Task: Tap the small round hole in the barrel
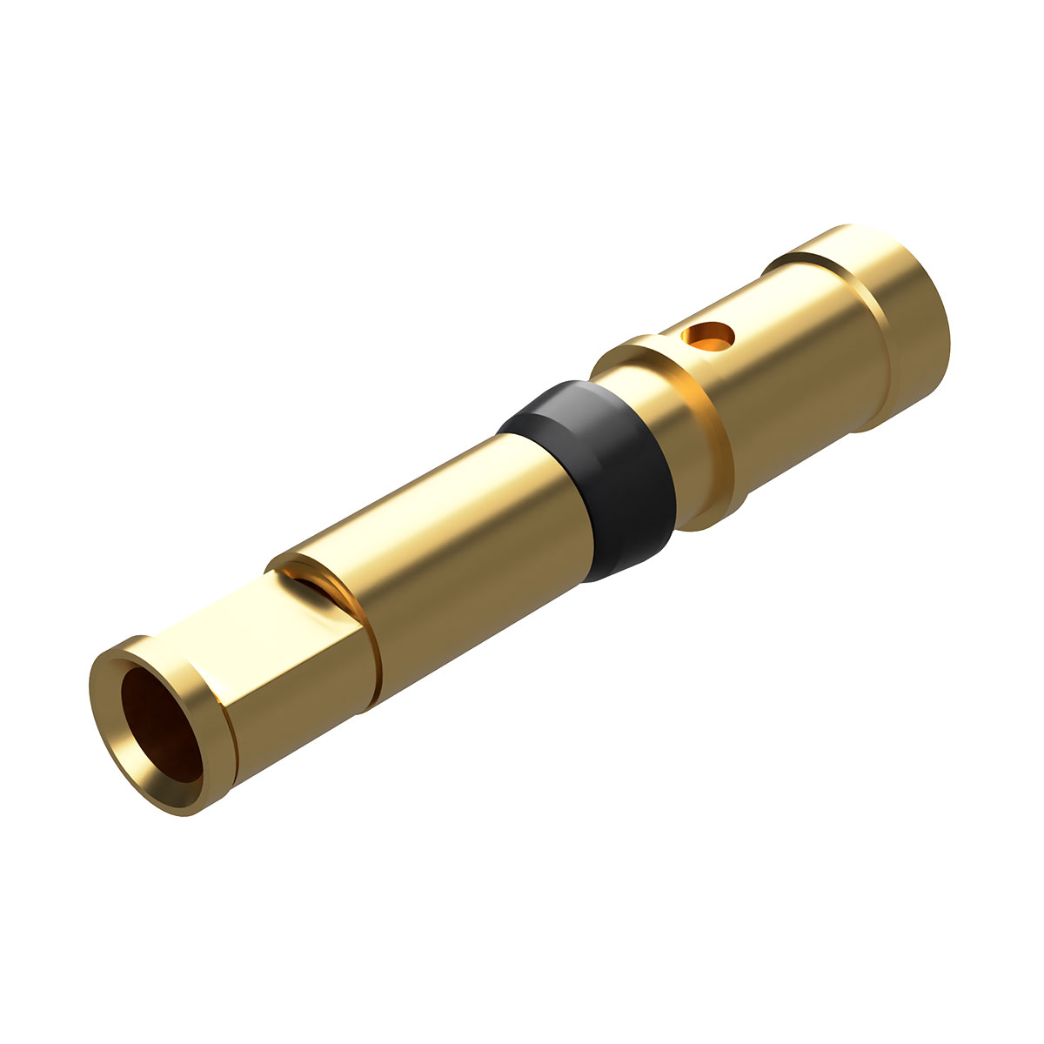708,335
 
